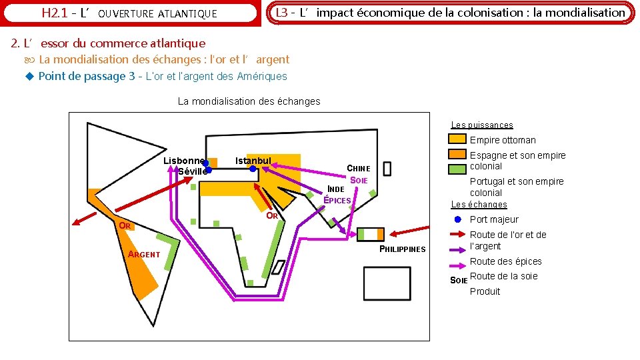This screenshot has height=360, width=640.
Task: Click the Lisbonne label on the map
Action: tap(183, 161)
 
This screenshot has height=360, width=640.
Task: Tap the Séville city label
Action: tap(192, 171)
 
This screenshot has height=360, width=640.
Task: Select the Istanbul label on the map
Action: tap(253, 161)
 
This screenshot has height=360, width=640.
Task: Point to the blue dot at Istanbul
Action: tap(253, 169)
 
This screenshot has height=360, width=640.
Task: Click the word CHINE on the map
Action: tap(358, 169)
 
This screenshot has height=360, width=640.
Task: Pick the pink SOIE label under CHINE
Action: tap(359, 181)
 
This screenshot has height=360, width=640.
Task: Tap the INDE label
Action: tap(336, 189)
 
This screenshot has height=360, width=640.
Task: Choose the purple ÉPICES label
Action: tap(337, 200)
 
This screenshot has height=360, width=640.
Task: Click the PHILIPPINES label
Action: tap(402, 249)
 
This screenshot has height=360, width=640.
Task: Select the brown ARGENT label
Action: tap(144, 254)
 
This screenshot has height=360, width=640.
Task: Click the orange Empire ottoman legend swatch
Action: tap(457, 139)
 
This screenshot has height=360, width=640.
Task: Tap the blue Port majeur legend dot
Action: tap(457, 219)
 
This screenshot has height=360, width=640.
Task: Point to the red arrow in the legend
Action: tap(457, 234)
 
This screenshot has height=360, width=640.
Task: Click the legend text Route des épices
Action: tap(505, 261)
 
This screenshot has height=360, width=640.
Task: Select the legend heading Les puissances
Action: tap(481, 125)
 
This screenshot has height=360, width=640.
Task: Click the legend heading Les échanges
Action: tap(479, 205)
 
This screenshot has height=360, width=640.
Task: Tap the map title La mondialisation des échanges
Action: tap(249, 101)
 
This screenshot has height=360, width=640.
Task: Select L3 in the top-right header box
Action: tap(281, 12)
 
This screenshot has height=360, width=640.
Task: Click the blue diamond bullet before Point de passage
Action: tap(29, 76)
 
